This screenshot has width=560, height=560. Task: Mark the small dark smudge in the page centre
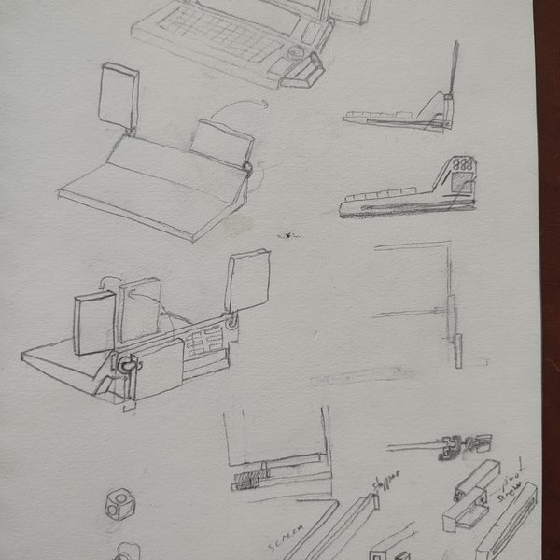[289, 233]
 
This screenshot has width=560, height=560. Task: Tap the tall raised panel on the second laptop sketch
[119, 96]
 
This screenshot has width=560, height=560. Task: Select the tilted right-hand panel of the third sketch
[246, 280]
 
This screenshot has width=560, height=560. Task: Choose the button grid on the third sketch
[200, 345]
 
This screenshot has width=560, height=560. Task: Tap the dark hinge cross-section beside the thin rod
[454, 446]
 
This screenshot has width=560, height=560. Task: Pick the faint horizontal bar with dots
[364, 376]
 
